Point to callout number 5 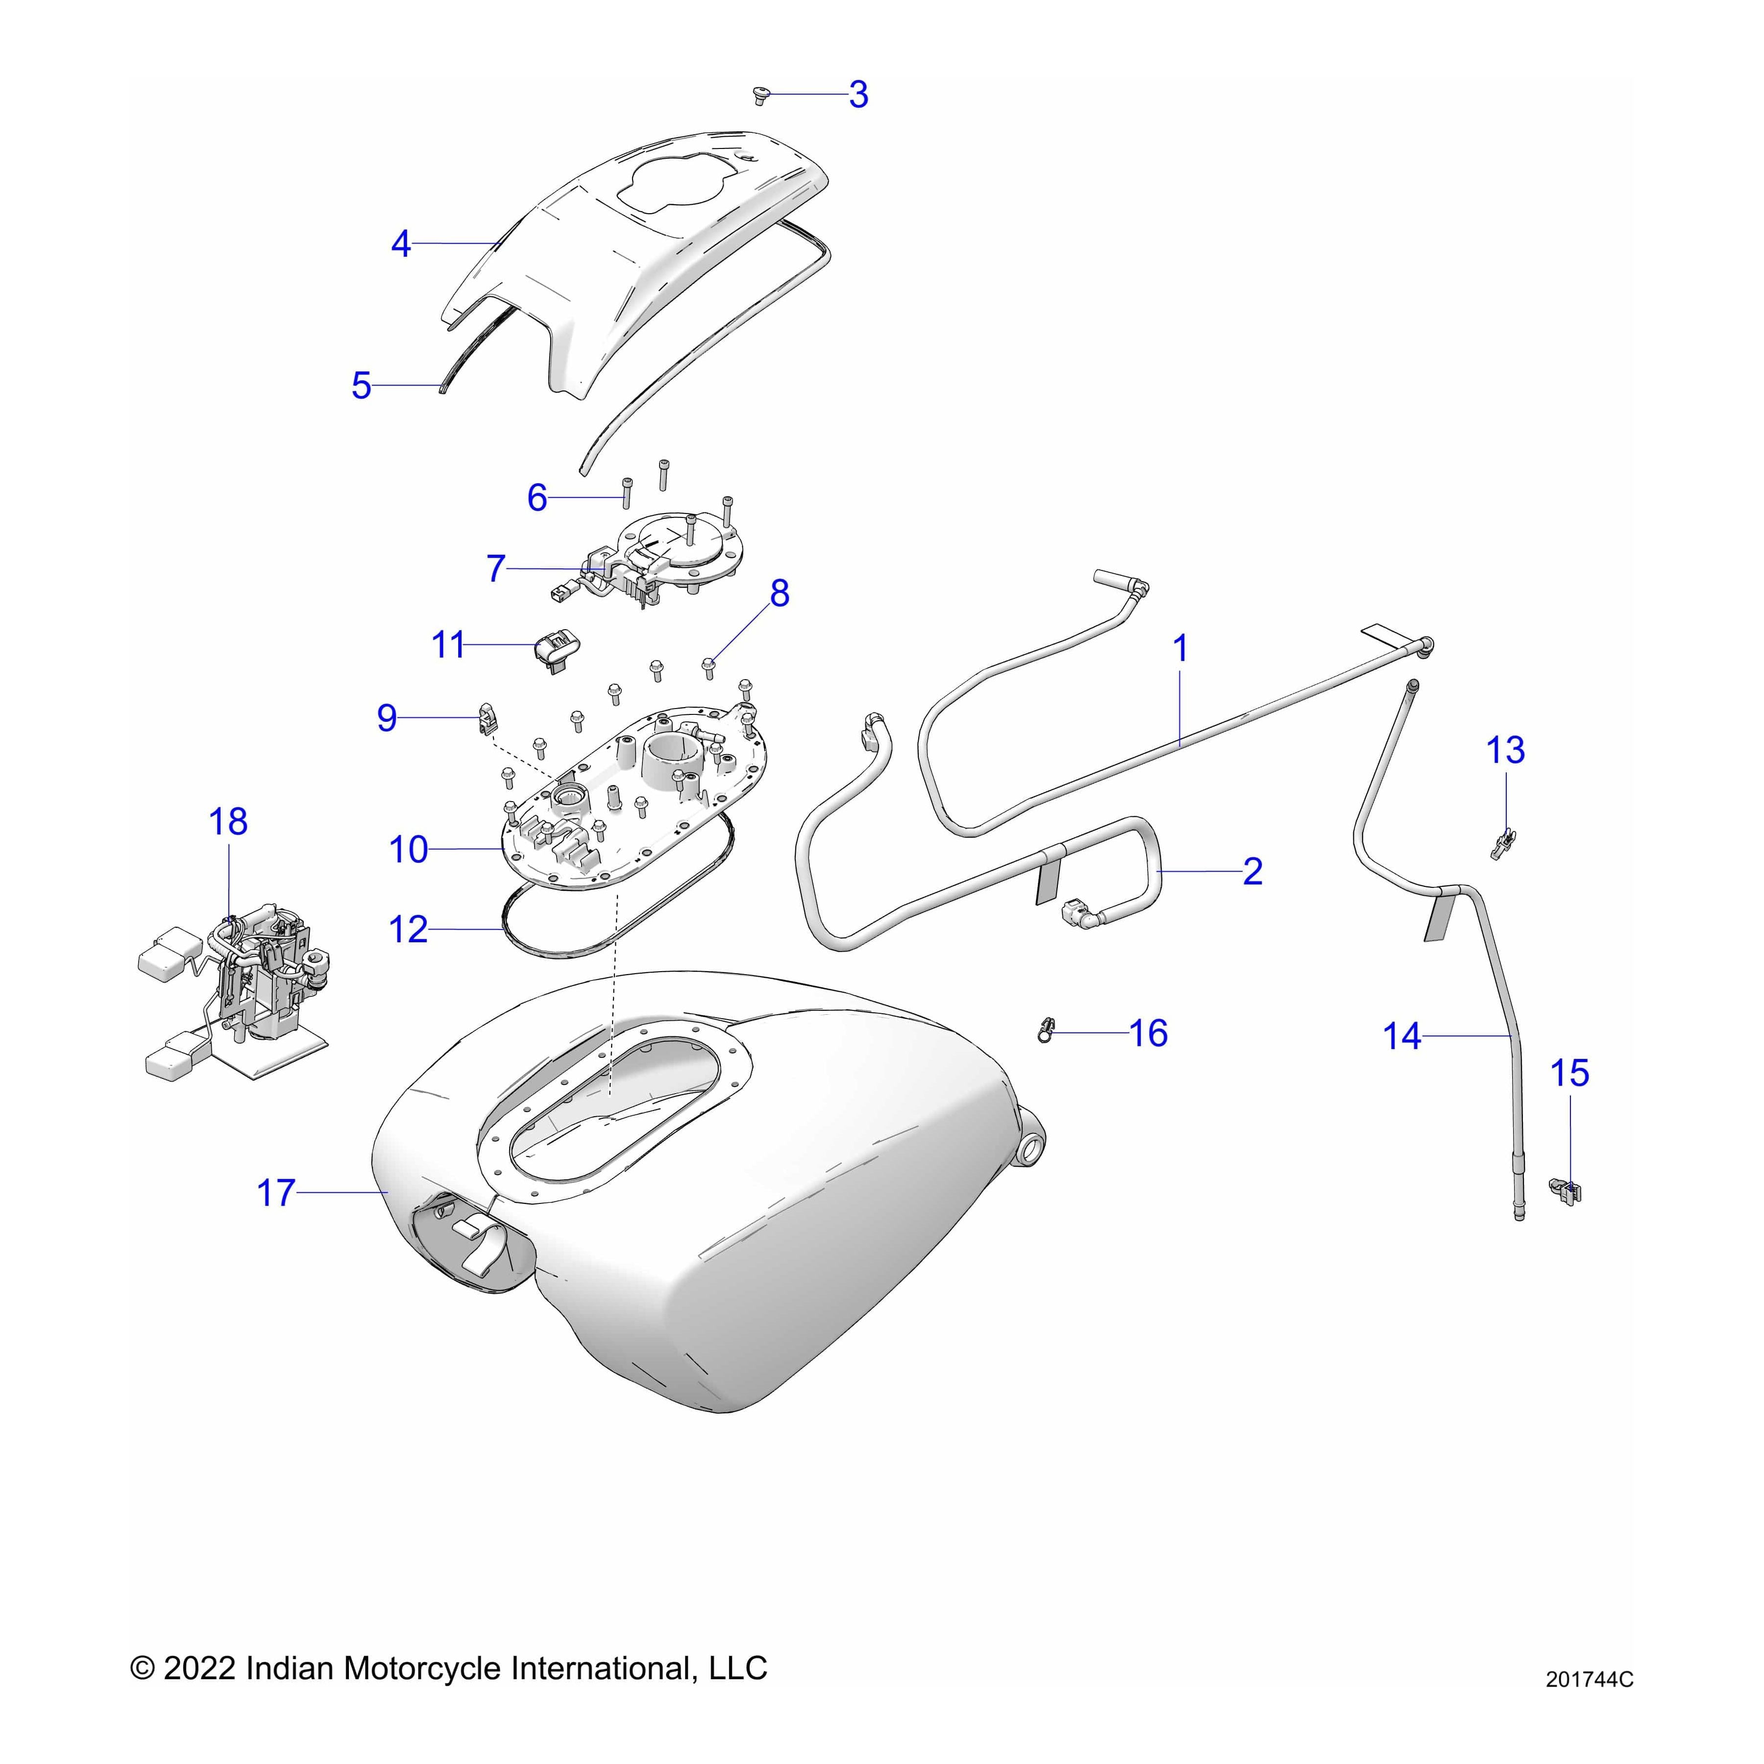[x=362, y=386]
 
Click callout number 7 [x=496, y=569]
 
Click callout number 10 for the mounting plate [x=408, y=850]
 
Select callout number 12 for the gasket [x=408, y=930]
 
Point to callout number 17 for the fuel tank [x=276, y=1193]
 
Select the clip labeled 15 [x=1567, y=1191]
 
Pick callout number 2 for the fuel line [x=1253, y=872]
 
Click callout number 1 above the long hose [x=1180, y=649]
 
